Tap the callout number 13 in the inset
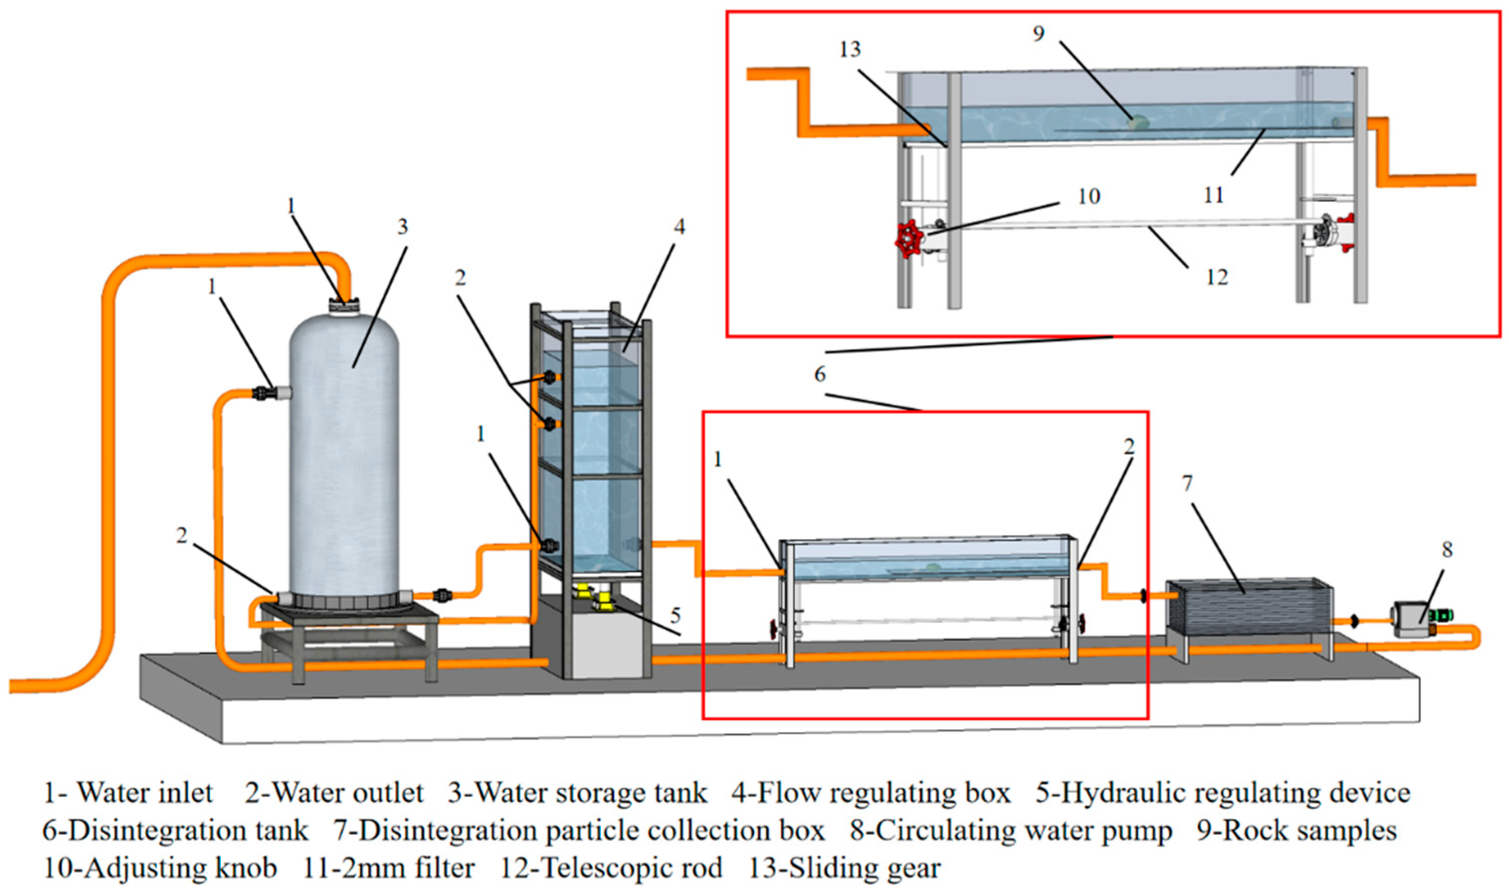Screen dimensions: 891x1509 [x=850, y=49]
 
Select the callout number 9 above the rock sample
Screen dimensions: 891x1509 [x=1038, y=34]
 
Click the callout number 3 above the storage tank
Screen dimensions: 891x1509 [x=402, y=226]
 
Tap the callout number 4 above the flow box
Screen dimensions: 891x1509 [x=679, y=226]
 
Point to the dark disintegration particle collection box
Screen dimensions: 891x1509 [x=1248, y=607]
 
